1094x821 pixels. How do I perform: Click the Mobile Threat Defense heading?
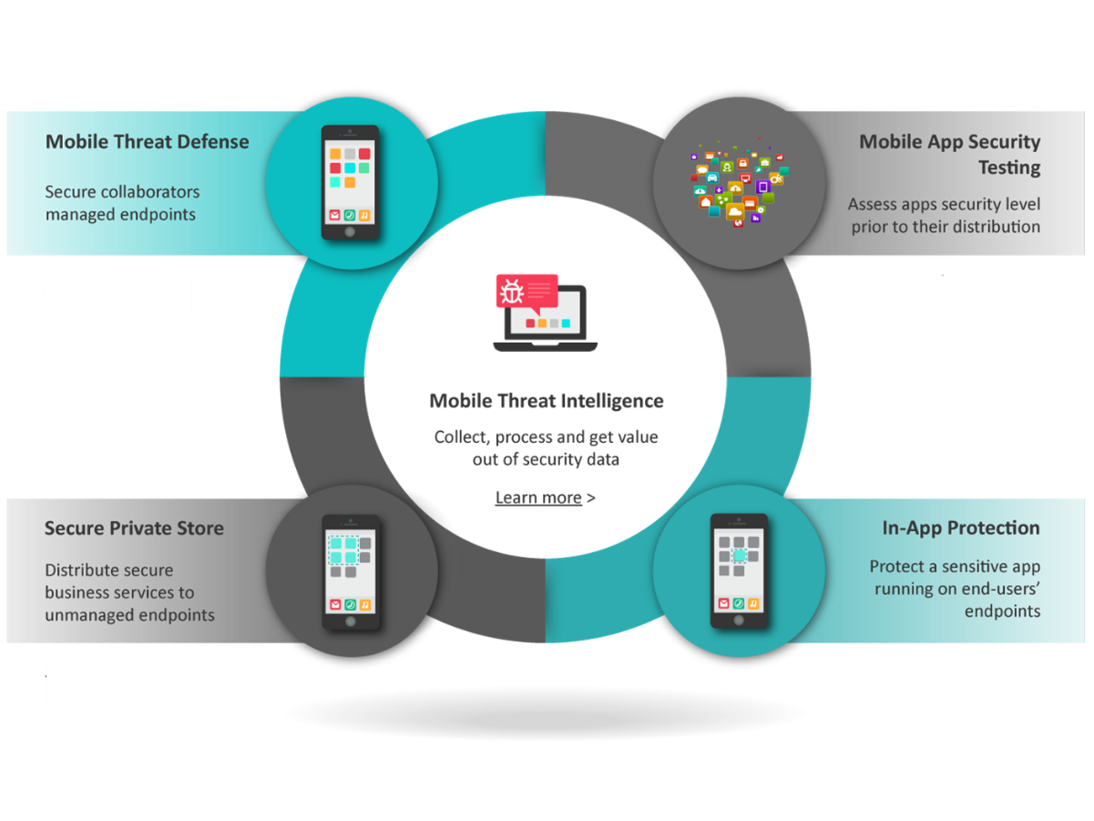tap(147, 142)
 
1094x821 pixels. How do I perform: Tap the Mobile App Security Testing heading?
tap(949, 154)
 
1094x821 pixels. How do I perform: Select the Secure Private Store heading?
tap(134, 529)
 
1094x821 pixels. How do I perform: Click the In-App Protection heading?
tap(961, 529)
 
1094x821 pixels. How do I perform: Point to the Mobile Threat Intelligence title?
tap(546, 401)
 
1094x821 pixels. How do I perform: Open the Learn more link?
tap(538, 498)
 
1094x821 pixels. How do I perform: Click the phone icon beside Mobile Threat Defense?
tap(350, 182)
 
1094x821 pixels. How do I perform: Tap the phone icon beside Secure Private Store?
tap(351, 571)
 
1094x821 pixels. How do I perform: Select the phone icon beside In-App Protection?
tap(739, 571)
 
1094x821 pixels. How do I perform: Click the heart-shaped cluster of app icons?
tap(738, 185)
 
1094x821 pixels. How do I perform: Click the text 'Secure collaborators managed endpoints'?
tap(123, 203)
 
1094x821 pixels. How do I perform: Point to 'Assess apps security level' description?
tap(945, 204)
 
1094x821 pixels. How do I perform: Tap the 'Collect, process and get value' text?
tap(546, 437)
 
